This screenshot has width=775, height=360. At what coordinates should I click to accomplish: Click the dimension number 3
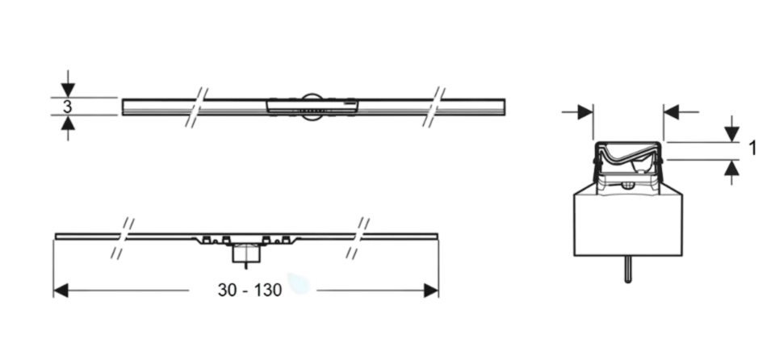point(67,107)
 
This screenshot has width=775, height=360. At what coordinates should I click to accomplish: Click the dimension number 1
point(752,148)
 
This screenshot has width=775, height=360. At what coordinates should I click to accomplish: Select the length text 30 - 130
point(249,291)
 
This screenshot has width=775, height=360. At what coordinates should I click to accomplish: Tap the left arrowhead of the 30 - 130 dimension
point(61,291)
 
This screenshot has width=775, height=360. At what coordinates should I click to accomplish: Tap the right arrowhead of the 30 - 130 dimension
point(431,291)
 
